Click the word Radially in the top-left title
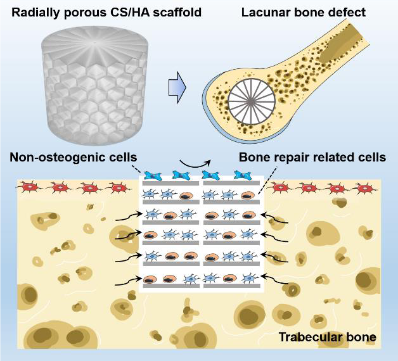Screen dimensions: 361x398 [34, 12]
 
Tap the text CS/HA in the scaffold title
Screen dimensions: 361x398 [134, 12]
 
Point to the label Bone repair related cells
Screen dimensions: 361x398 [312, 157]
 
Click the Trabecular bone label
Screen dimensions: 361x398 [327, 338]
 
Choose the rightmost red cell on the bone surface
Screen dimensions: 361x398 [364, 187]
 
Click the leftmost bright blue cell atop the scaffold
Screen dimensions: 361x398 [153, 175]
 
